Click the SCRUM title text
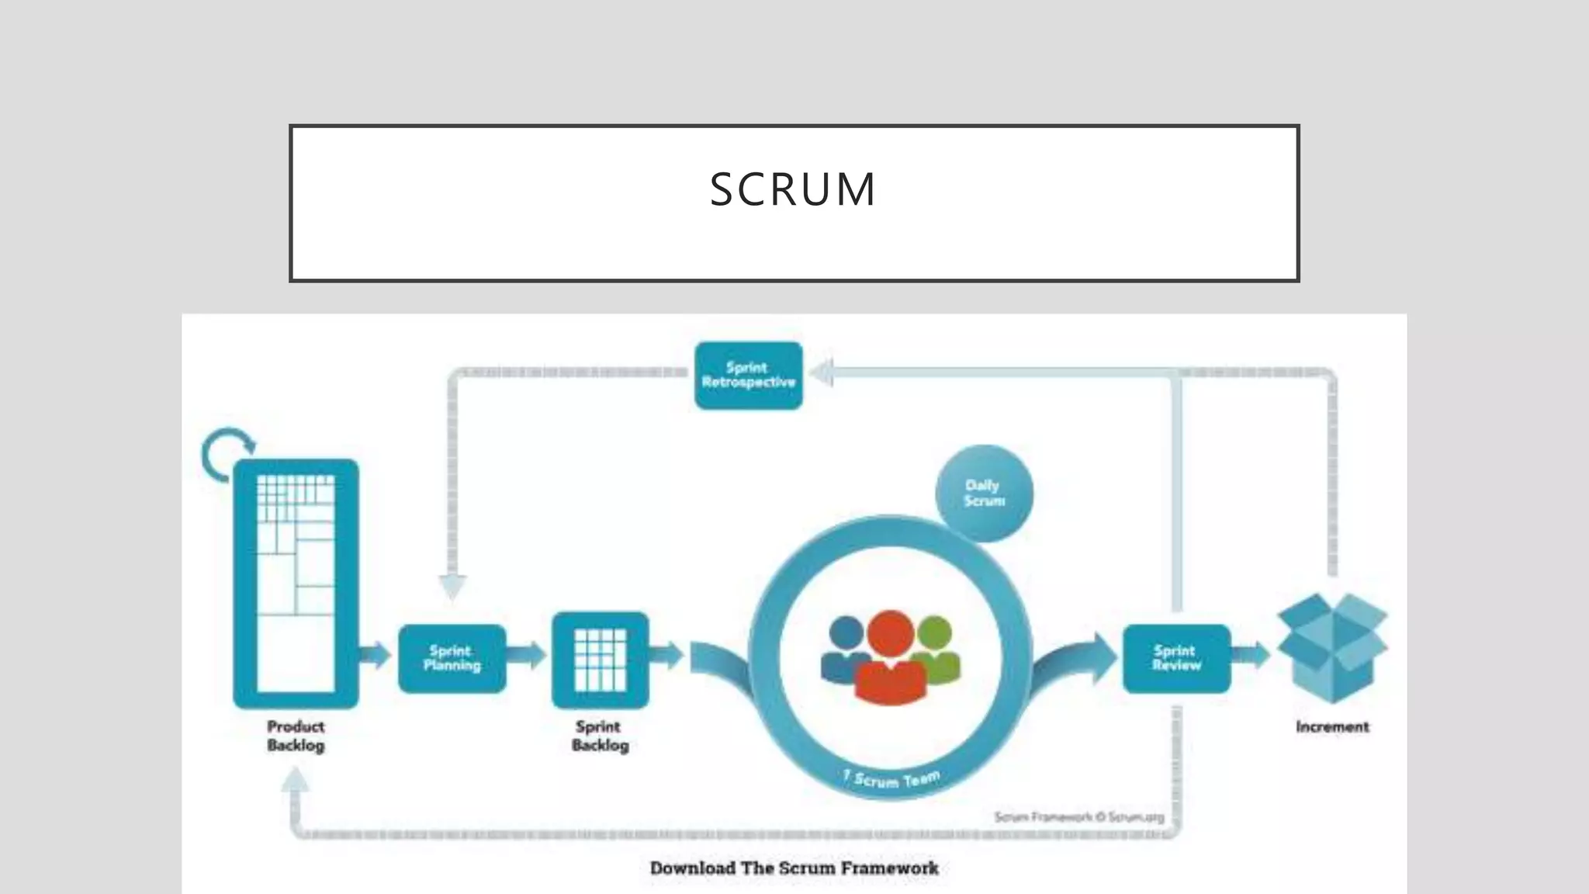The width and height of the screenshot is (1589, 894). [793, 189]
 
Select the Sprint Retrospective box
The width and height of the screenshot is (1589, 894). [748, 376]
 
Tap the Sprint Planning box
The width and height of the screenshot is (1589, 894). [452, 658]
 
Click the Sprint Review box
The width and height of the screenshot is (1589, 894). [1176, 658]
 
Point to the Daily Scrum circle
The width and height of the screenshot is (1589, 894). [984, 494]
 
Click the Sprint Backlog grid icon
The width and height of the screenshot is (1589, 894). [600, 660]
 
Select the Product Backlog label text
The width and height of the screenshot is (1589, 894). [296, 736]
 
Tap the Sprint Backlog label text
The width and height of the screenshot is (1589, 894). [600, 736]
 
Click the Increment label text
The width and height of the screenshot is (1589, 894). [1332, 727]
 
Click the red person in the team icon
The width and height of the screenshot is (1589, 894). [890, 660]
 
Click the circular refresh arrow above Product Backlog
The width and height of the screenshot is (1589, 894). [226, 455]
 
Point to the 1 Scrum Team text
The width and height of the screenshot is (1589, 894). [891, 778]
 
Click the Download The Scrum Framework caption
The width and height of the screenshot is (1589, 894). [794, 868]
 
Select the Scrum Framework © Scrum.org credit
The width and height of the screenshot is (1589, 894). [1078, 817]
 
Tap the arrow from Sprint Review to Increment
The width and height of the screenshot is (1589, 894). [1251, 656]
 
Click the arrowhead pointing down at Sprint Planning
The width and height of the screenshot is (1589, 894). [452, 587]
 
